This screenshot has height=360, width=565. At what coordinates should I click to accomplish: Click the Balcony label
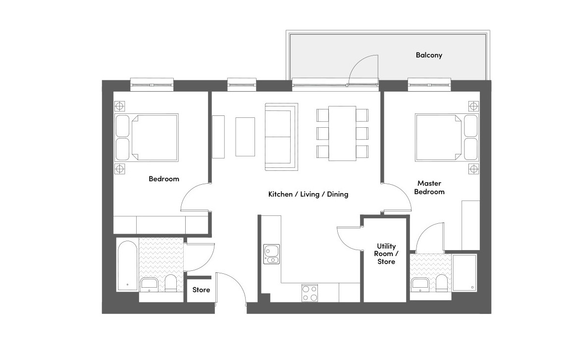[429, 55]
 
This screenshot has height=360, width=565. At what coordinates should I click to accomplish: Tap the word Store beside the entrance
[201, 290]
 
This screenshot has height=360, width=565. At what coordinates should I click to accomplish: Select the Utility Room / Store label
[386, 254]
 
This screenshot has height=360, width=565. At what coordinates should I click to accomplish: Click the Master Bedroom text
[429, 187]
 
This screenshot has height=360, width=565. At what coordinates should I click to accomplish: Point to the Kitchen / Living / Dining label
[308, 194]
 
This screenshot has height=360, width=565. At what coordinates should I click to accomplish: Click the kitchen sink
[271, 254]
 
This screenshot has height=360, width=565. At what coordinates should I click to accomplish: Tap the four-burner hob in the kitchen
[310, 293]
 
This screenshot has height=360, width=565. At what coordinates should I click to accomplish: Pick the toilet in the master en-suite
[441, 283]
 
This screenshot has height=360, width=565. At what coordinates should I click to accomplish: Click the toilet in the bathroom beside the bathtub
[170, 283]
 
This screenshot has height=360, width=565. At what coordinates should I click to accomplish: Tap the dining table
[342, 133]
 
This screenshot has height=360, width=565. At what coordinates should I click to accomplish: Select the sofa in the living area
[282, 137]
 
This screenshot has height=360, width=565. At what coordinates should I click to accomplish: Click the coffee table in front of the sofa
[245, 137]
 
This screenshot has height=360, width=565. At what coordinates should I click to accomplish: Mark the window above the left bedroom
[152, 85]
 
